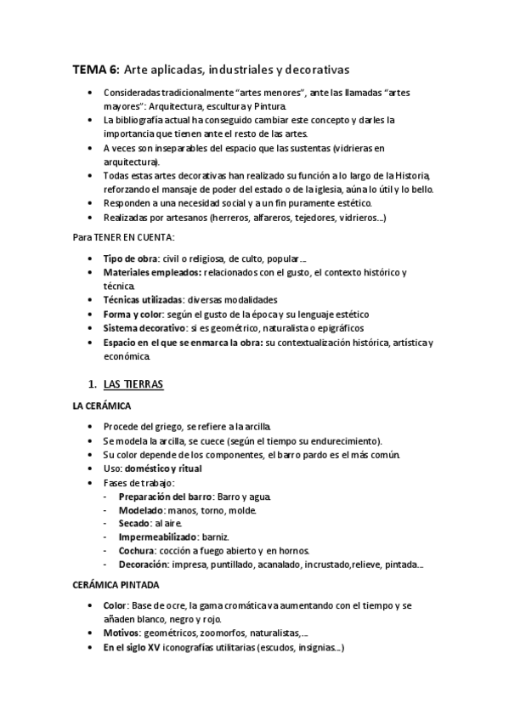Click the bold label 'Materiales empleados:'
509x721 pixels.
click(x=151, y=272)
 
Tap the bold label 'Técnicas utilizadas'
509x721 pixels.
click(x=143, y=300)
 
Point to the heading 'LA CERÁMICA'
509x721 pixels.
click(x=102, y=407)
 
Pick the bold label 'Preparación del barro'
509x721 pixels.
click(x=166, y=497)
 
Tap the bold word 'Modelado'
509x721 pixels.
click(x=140, y=510)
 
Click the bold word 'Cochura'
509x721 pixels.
click(x=139, y=551)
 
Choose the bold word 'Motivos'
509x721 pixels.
click(x=122, y=633)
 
